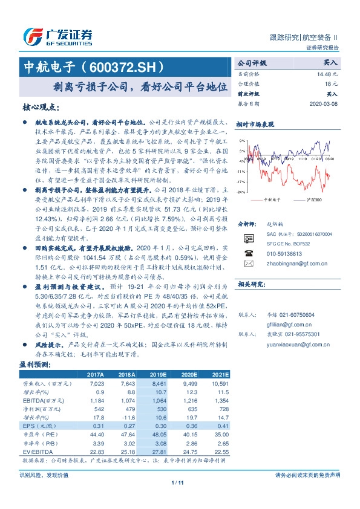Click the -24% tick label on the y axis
[x=241, y=192]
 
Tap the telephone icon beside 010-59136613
[x=247, y=253]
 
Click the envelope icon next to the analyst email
[x=247, y=264]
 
